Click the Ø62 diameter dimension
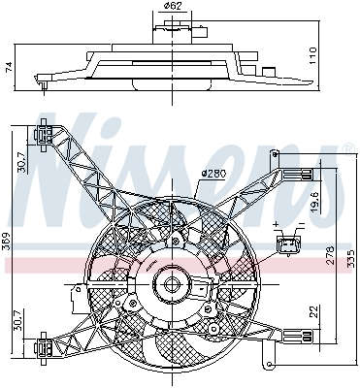[173, 8]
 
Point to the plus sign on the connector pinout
[277, 224]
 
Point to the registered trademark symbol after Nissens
[346, 147]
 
